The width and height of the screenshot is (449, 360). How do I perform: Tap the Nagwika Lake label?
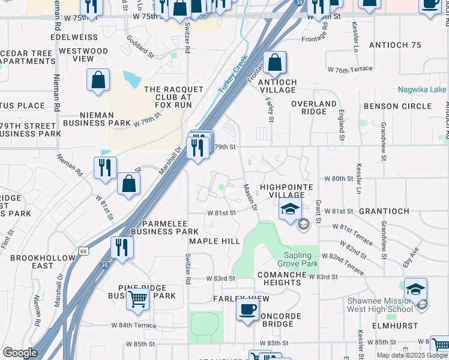point(422,89)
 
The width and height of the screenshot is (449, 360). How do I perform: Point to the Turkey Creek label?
point(232,79)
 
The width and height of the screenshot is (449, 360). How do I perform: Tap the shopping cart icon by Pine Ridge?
point(138,298)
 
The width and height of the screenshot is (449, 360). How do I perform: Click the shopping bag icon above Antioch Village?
point(274,62)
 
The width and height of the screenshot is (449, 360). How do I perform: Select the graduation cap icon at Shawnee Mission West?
point(415,289)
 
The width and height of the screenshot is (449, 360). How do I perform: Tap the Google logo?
point(20,353)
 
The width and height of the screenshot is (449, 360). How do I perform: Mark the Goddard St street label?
point(139,46)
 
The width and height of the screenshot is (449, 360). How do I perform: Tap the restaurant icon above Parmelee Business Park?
point(122,247)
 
